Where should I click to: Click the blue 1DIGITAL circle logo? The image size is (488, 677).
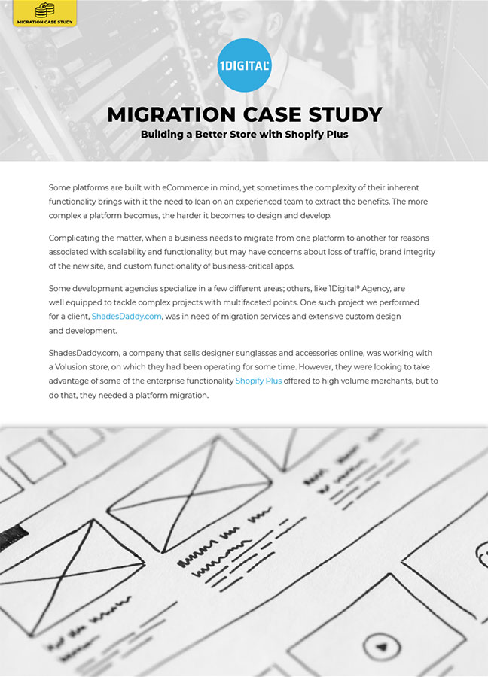pyautogui.click(x=243, y=65)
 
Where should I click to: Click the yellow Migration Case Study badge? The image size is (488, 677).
pyautogui.click(x=44, y=13)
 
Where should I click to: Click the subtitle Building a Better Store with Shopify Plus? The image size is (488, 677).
pyautogui.click(x=244, y=135)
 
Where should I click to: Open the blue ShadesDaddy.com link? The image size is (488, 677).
pyautogui.click(x=127, y=317)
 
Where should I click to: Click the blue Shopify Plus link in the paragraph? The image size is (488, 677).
pyautogui.click(x=258, y=381)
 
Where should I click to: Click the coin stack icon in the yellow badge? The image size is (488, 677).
pyautogui.click(x=45, y=9)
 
